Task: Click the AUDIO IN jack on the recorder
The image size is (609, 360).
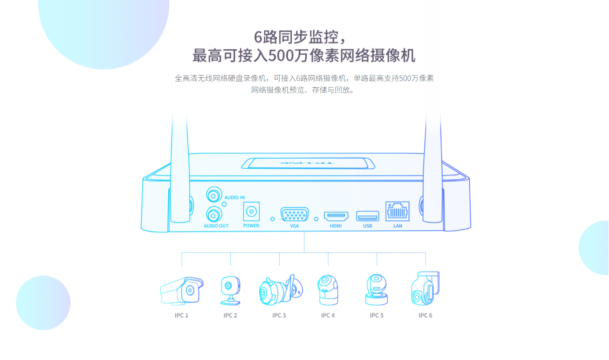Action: pos(214,194)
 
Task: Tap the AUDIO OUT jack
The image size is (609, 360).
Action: pos(214,215)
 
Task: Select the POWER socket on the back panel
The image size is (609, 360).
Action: pos(251,211)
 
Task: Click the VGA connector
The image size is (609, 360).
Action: pos(295,214)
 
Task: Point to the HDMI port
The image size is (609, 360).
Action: pos(336,216)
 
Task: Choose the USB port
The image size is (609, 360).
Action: pos(367,216)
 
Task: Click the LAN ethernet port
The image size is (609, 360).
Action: pos(398,211)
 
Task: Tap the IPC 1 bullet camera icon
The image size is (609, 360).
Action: pos(181,290)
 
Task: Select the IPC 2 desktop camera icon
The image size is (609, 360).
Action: pos(230,290)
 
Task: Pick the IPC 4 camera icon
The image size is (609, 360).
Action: pos(328,290)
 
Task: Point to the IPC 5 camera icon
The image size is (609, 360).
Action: pos(376,290)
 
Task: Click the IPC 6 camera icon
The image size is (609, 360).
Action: pos(425,289)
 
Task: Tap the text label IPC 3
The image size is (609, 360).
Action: pos(279,315)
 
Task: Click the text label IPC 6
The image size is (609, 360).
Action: pos(425,315)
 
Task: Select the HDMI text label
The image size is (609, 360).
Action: pos(336,226)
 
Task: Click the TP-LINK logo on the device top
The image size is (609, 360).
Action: pos(306,163)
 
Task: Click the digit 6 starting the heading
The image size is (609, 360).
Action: pos(258,37)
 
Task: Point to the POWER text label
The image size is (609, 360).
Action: pos(251,226)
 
